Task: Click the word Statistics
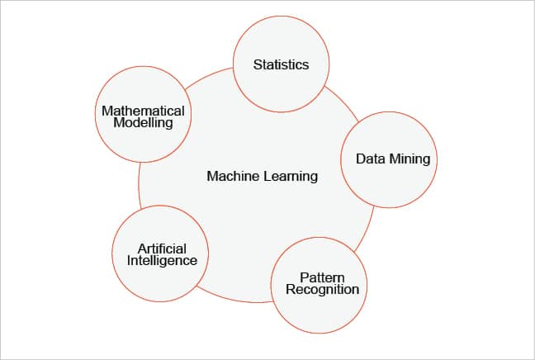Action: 281,64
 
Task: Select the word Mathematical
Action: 143,111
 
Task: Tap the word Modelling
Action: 144,123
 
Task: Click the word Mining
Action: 409,158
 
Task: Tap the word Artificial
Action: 162,249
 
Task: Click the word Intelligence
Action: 163,260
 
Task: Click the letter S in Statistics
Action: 256,64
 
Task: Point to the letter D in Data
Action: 360,158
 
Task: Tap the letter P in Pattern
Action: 303,277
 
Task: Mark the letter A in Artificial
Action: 141,249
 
